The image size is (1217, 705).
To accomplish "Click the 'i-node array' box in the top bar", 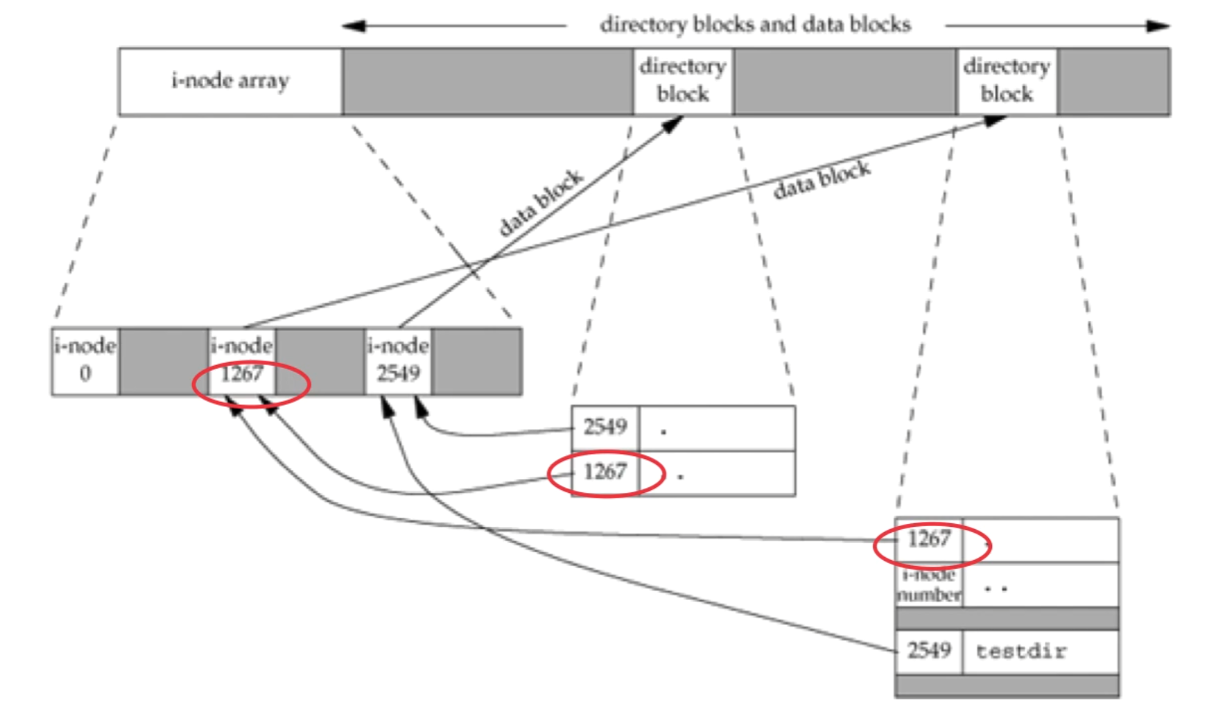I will pyautogui.click(x=230, y=81).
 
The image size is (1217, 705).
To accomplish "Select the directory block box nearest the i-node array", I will pyautogui.click(x=683, y=81).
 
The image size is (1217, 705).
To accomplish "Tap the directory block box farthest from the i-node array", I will pyautogui.click(x=1007, y=81).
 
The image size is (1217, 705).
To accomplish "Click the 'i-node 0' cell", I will pyautogui.click(x=85, y=361).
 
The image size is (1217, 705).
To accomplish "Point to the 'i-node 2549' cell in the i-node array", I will pyautogui.click(x=398, y=361).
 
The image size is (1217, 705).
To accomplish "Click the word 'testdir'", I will pyautogui.click(x=1021, y=651).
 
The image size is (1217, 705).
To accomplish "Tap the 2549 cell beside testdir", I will pyautogui.click(x=929, y=651).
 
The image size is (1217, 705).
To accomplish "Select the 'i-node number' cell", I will pyautogui.click(x=929, y=586).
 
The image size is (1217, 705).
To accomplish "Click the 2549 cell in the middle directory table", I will pyautogui.click(x=605, y=428).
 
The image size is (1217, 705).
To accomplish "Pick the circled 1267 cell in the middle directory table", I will pyautogui.click(x=605, y=472).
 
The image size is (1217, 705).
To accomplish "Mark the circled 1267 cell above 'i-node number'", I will pyautogui.click(x=929, y=539).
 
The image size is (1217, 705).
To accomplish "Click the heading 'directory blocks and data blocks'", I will pyautogui.click(x=755, y=25).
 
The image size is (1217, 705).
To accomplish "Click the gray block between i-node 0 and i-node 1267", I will pyautogui.click(x=163, y=361).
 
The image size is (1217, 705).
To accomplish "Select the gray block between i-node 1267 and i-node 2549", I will pyautogui.click(x=320, y=361).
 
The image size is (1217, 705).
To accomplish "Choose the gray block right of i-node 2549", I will pyautogui.click(x=477, y=361).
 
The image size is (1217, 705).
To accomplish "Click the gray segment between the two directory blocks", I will pyautogui.click(x=845, y=81).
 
